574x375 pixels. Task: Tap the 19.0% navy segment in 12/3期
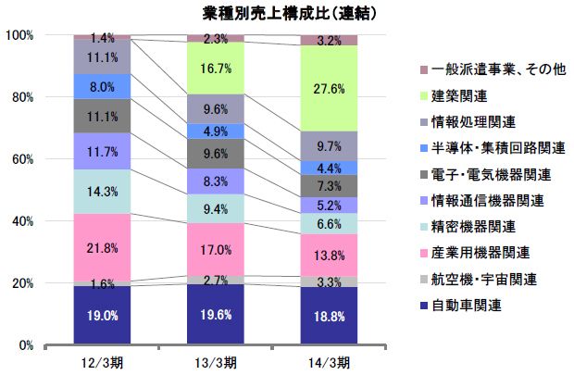[x=102, y=315]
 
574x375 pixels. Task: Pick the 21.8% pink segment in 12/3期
[x=102, y=246]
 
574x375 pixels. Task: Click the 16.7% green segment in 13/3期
[x=216, y=68]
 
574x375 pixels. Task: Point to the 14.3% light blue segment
[x=102, y=192]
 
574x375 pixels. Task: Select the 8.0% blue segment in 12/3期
[x=102, y=86]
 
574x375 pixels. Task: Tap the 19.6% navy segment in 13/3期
[x=216, y=314]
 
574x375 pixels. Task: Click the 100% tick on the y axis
[x=20, y=35]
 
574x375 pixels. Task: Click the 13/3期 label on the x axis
[x=216, y=359]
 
